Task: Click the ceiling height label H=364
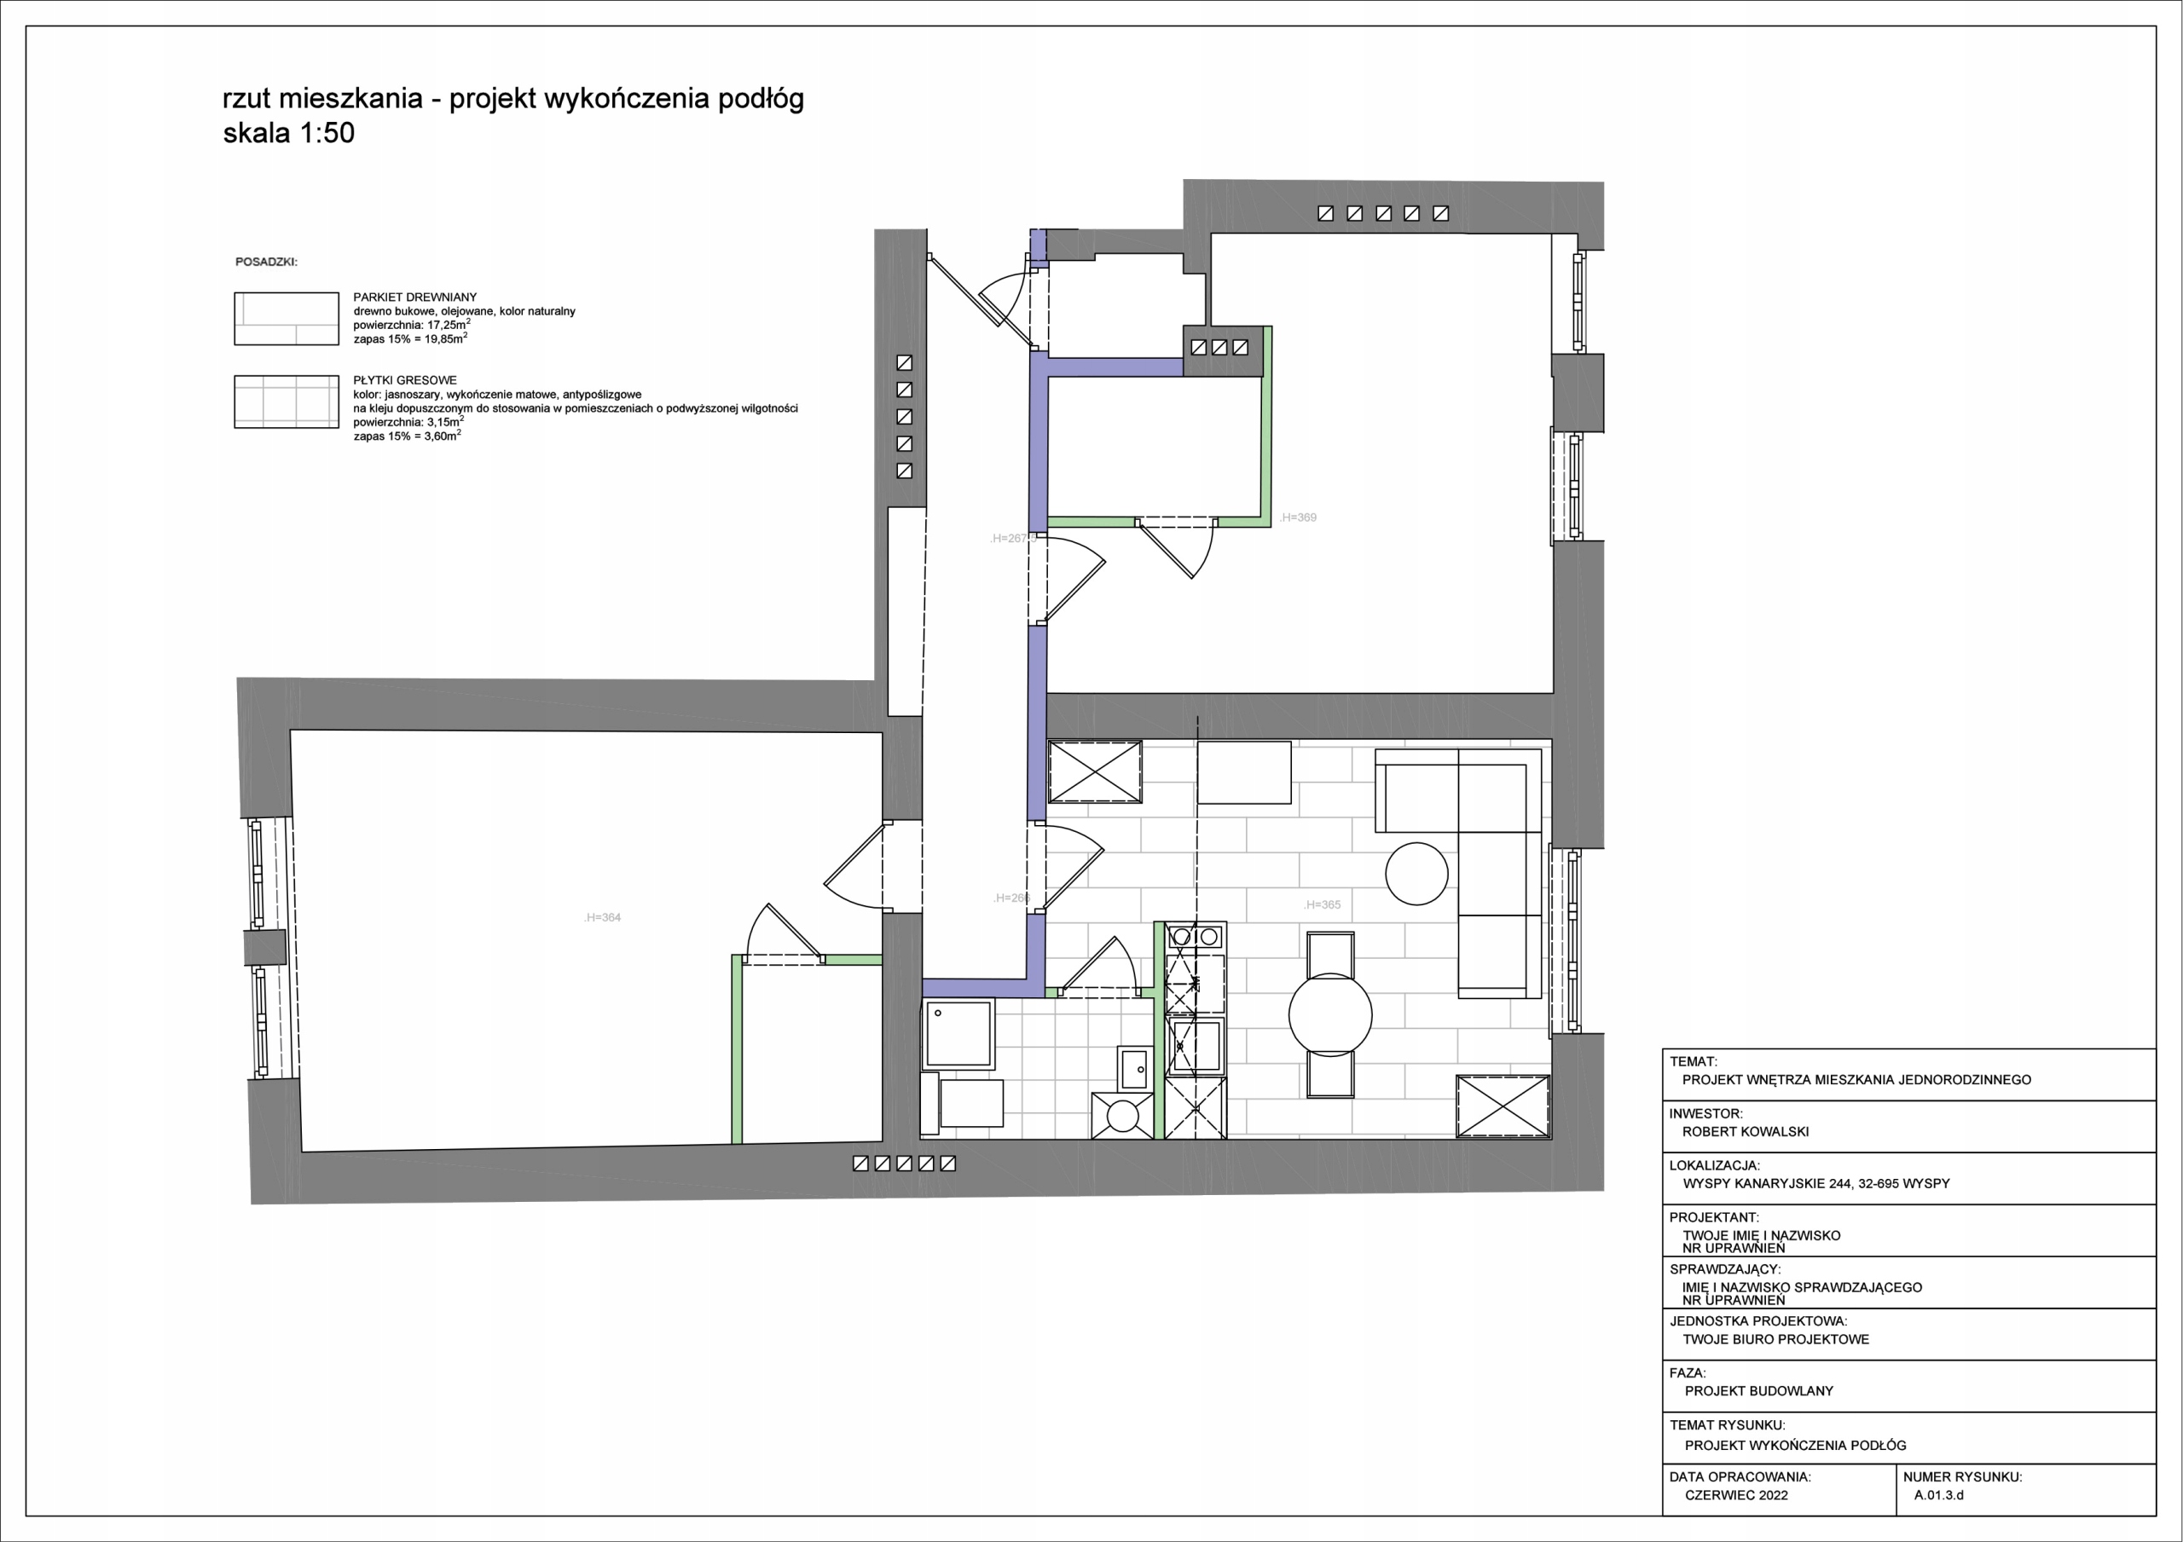pyautogui.click(x=603, y=917)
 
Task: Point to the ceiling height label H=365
pyautogui.click(x=1323, y=904)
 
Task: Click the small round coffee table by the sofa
pyautogui.click(x=1416, y=873)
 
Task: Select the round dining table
pyautogui.click(x=1330, y=1014)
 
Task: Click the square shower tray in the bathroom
pyautogui.click(x=958, y=1033)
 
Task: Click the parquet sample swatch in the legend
pyautogui.click(x=287, y=319)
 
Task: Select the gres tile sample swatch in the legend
pyautogui.click(x=287, y=401)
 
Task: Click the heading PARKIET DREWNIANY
pyautogui.click(x=414, y=297)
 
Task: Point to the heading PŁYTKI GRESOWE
pyautogui.click(x=405, y=380)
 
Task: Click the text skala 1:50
pyautogui.click(x=289, y=133)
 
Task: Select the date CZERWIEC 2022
pyautogui.click(x=1736, y=1494)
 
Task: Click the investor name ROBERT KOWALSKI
pyautogui.click(x=1746, y=1131)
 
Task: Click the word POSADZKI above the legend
pyautogui.click(x=266, y=262)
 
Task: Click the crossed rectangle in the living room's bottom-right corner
pyautogui.click(x=1503, y=1106)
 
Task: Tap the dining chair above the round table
pyautogui.click(x=1330, y=953)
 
